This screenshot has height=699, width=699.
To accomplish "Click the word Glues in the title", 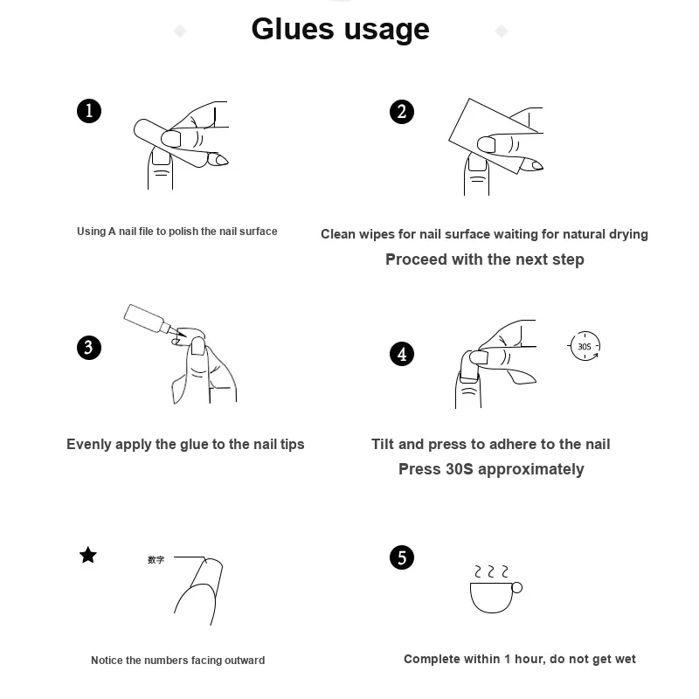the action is pyautogui.click(x=293, y=30).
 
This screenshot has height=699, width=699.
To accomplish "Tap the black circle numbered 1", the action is pyautogui.click(x=89, y=111).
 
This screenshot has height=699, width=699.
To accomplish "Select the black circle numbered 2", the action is pyautogui.click(x=402, y=112).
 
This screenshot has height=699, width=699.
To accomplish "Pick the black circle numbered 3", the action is pyautogui.click(x=89, y=348).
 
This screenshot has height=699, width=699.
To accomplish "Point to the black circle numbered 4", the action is pyautogui.click(x=402, y=354).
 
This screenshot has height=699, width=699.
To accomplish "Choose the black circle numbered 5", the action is pyautogui.click(x=402, y=557).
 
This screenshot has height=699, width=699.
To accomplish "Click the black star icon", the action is pyautogui.click(x=88, y=555).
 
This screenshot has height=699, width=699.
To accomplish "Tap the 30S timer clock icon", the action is pyautogui.click(x=585, y=346).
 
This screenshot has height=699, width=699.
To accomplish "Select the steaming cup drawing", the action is pyautogui.click(x=495, y=589).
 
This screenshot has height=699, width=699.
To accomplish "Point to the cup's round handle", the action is pyautogui.click(x=516, y=588).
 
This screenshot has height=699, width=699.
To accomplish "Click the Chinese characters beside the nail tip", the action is pyautogui.click(x=156, y=559).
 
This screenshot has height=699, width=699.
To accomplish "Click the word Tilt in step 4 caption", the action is pyautogui.click(x=383, y=444).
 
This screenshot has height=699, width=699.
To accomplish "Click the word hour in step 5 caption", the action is pyautogui.click(x=530, y=660).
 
